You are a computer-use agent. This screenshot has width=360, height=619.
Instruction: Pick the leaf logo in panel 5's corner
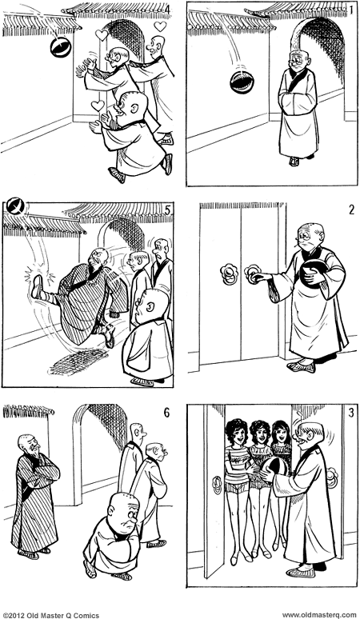(15, 207)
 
